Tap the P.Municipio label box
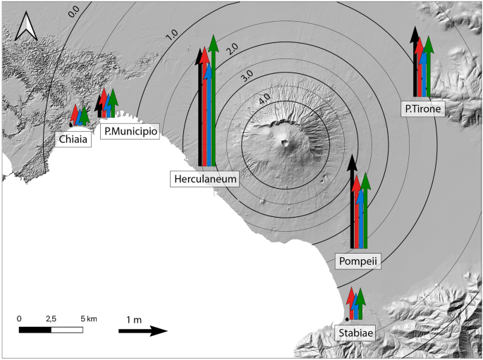130,132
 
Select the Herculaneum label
205,180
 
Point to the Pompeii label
358,261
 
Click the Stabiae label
354,333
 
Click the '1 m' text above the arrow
133,320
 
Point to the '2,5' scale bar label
51,319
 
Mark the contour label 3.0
247,75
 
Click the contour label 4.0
264,99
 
